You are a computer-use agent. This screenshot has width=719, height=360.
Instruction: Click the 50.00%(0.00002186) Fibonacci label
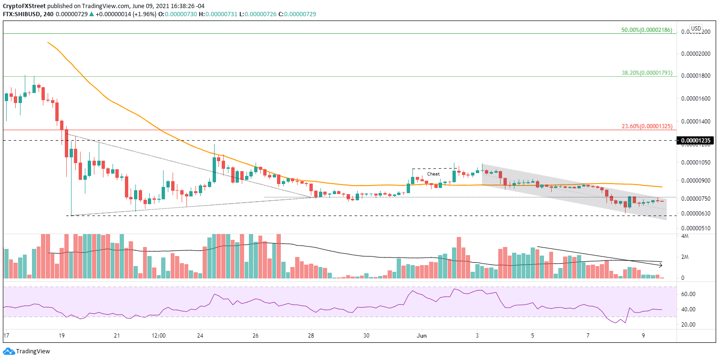(647, 30)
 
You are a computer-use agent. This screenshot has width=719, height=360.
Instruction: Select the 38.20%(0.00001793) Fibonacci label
(647, 73)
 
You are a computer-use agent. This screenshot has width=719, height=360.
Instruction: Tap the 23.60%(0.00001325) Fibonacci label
(647, 126)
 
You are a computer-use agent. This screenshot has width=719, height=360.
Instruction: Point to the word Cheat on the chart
(433, 174)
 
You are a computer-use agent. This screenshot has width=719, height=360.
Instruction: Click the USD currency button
(696, 28)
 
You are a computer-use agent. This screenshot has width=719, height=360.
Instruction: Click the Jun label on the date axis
(422, 336)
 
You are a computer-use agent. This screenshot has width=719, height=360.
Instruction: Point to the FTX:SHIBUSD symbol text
(24, 14)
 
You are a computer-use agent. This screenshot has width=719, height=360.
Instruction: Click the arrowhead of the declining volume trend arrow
(661, 265)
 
